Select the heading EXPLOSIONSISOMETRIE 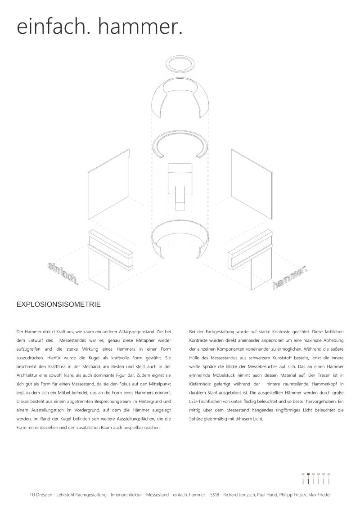(58, 304)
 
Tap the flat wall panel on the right (252, 184)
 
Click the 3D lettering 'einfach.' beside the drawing (63, 273)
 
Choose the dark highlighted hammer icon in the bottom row (308, 479)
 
